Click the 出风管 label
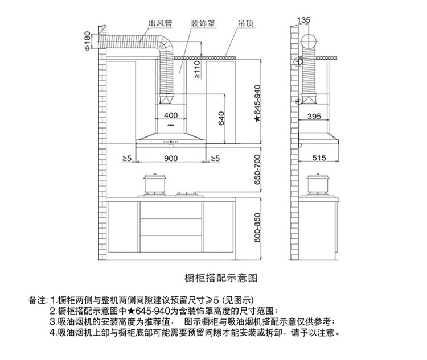coord(159,24)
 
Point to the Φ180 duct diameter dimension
coord(87,41)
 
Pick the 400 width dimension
coord(170,116)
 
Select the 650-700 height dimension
coord(257,169)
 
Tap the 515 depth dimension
coord(318,157)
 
